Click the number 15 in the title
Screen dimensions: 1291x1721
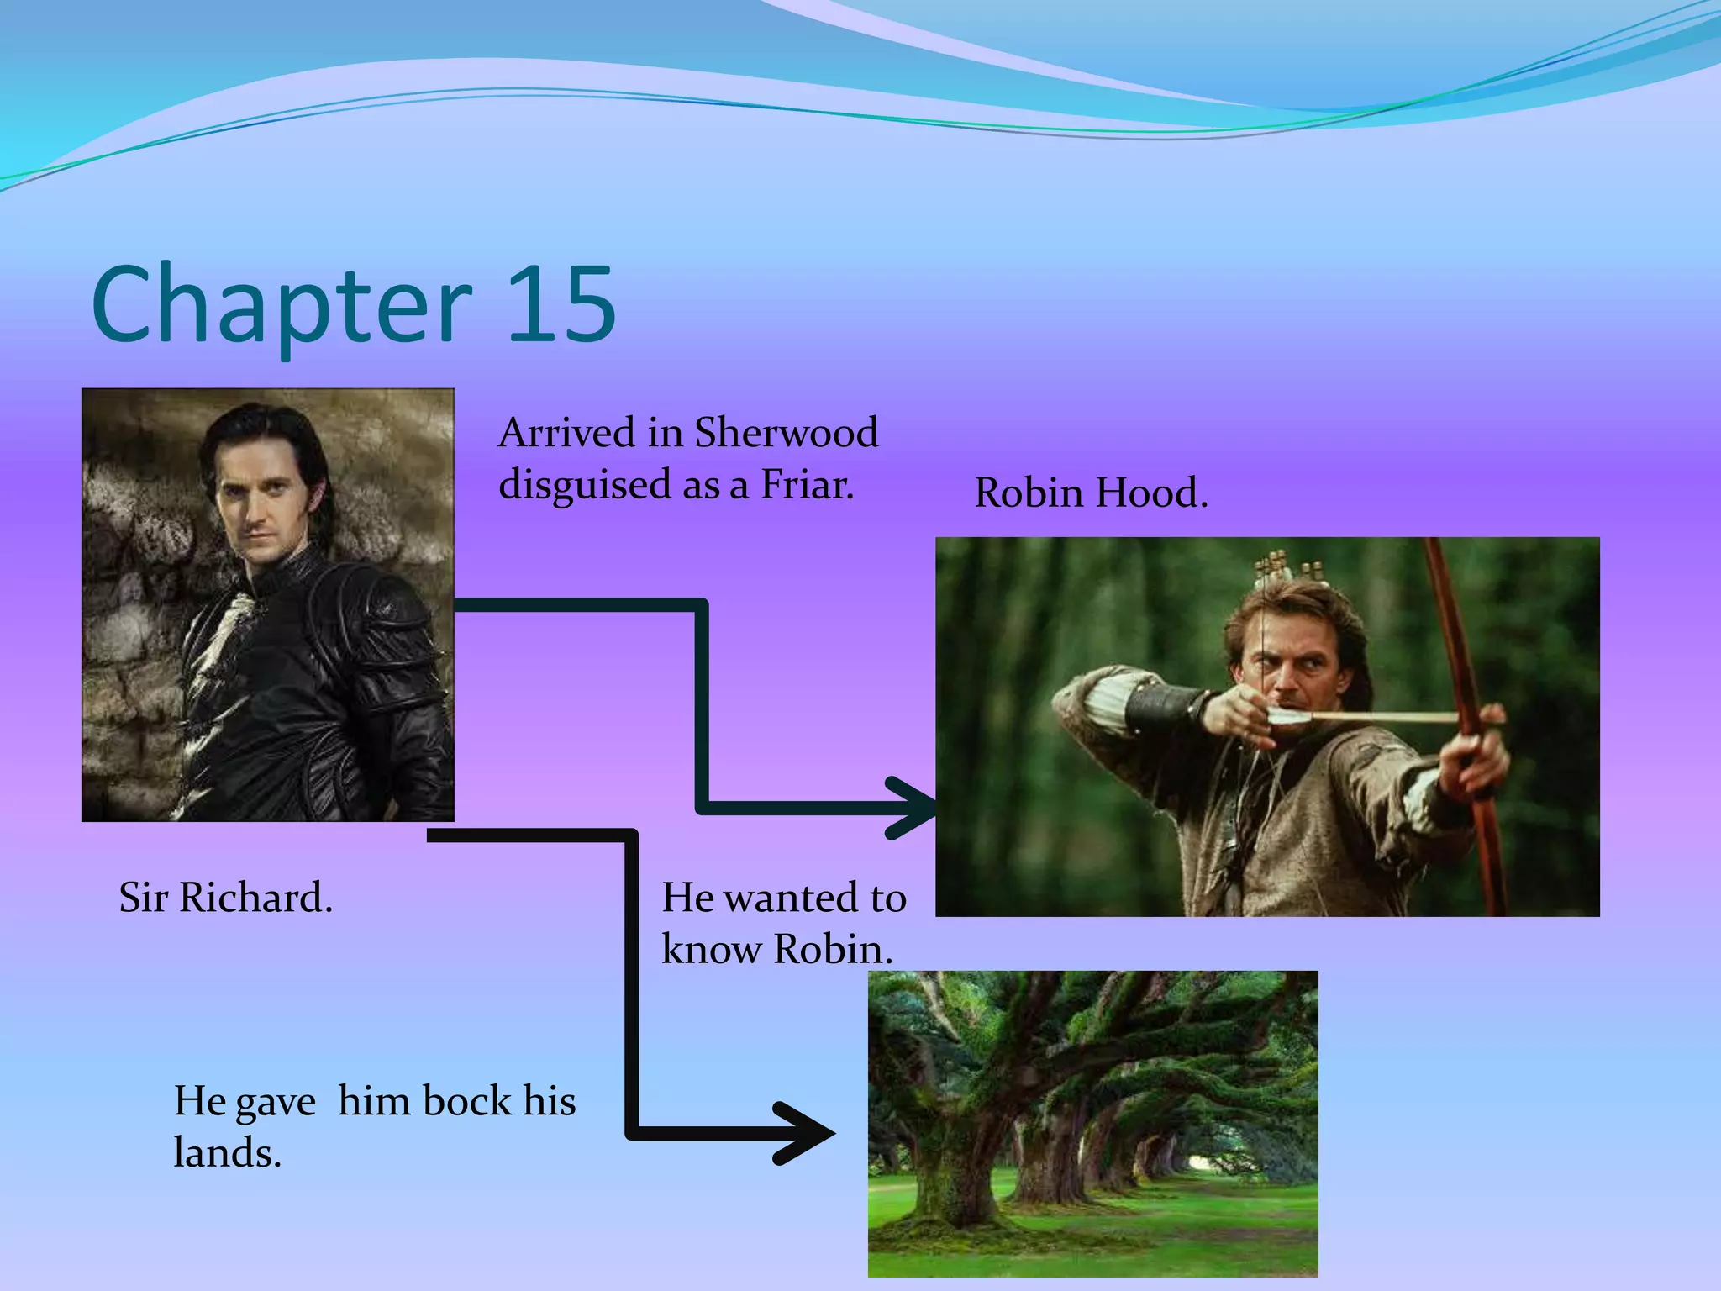(x=561, y=304)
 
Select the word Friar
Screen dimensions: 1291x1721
(x=807, y=485)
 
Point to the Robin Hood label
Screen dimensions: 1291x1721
(x=1090, y=493)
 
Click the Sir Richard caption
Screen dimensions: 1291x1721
(x=225, y=898)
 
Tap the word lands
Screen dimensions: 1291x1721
(x=227, y=1152)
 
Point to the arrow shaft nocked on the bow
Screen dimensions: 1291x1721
(x=1378, y=717)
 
